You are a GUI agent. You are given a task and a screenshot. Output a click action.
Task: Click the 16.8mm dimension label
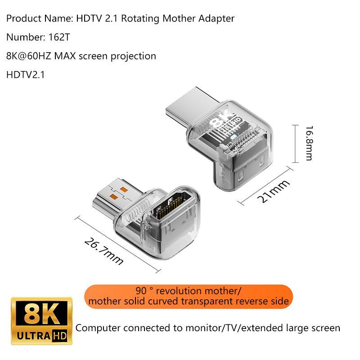point(309,143)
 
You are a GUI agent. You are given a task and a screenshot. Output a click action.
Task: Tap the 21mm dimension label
point(273,191)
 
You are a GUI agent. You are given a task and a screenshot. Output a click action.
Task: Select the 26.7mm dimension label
point(104,252)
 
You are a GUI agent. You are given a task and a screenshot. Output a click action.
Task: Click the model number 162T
point(59,37)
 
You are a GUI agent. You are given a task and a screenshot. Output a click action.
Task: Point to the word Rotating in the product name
point(140,19)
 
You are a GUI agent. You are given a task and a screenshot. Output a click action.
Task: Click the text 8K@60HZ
point(29,56)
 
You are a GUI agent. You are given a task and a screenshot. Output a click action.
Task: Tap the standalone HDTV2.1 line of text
point(26,75)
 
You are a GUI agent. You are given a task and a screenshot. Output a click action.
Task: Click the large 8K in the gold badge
point(41,312)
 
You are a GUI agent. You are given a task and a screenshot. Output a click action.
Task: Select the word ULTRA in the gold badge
point(33,336)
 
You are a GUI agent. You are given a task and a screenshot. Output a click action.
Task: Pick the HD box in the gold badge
point(59,336)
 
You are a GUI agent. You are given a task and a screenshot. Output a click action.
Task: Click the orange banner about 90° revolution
point(189,297)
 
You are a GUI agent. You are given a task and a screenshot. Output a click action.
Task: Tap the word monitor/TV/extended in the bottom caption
point(234,328)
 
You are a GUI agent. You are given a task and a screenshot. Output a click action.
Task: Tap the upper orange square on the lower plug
point(123,189)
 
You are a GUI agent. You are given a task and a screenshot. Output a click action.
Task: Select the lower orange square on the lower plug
point(114,197)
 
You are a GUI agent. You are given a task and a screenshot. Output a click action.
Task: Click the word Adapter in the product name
point(216,19)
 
